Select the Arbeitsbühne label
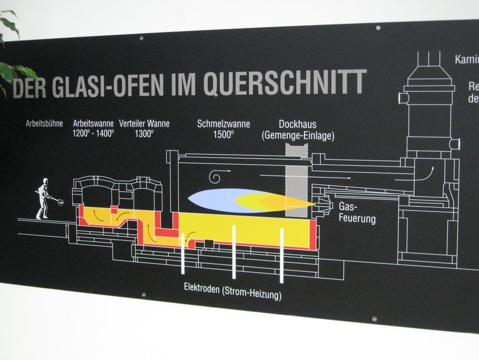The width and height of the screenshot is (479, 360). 44,124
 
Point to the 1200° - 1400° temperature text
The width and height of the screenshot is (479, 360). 93,133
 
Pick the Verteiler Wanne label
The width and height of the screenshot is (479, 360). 144,124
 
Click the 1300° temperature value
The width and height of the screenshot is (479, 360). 144,134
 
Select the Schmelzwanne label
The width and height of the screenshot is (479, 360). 223,124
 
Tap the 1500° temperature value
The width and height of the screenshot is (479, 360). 223,134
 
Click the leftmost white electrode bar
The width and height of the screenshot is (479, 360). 183,253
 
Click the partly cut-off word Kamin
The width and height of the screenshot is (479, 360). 466,59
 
